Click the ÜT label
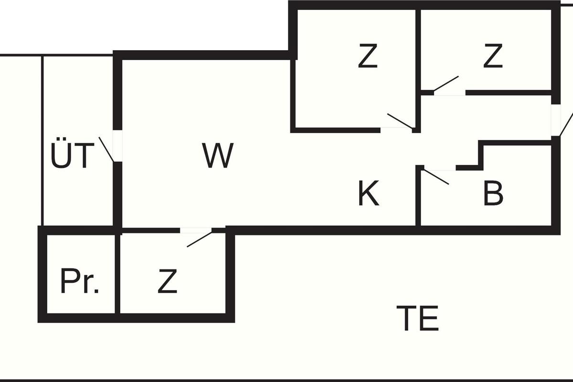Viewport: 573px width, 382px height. pos(71,155)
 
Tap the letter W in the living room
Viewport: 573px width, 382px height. pos(218,156)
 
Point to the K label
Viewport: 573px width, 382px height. pos(369,194)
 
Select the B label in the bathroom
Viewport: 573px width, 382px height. pos(493,194)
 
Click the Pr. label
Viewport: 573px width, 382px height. pos(79,282)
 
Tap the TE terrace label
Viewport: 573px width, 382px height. pos(417,319)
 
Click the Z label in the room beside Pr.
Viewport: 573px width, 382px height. pos(167,282)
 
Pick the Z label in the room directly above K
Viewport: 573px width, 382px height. pos(368,56)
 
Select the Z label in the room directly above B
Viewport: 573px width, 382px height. pos(493,56)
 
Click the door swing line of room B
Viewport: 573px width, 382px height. pos(436,177)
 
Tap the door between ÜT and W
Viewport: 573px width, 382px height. pos(107,149)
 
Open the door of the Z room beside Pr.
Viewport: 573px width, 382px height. pos(199,238)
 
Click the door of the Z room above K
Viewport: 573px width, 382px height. pos(400,121)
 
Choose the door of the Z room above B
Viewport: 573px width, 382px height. pos(446,83)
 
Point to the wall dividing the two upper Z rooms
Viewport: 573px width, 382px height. pos(418,48)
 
